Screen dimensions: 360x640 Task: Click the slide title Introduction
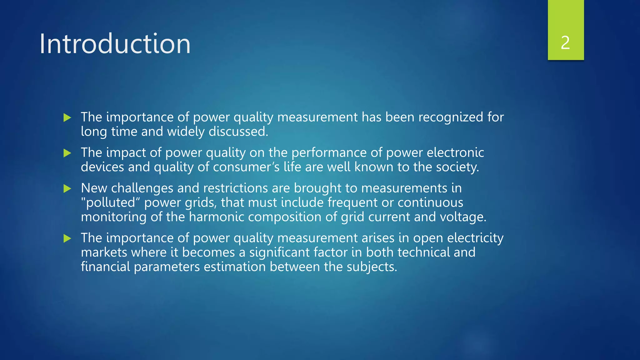tap(115, 44)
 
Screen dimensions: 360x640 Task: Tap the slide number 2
tap(565, 43)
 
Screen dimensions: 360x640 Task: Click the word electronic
tap(455, 152)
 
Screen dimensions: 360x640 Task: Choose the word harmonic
tap(216, 217)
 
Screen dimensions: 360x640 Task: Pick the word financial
tap(105, 267)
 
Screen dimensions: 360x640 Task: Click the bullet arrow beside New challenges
tap(67, 188)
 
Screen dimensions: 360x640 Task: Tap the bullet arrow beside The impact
tap(67, 153)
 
